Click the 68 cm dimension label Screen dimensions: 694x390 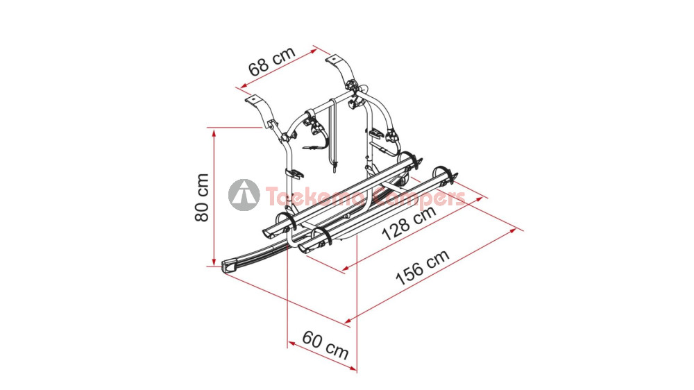point(271,61)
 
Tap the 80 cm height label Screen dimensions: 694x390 point(202,198)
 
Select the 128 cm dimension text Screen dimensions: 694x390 point(409,223)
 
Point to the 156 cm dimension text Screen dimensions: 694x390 point(422,267)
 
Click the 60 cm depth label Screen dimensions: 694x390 point(325,345)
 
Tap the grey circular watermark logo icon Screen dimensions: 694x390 point(244,195)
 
